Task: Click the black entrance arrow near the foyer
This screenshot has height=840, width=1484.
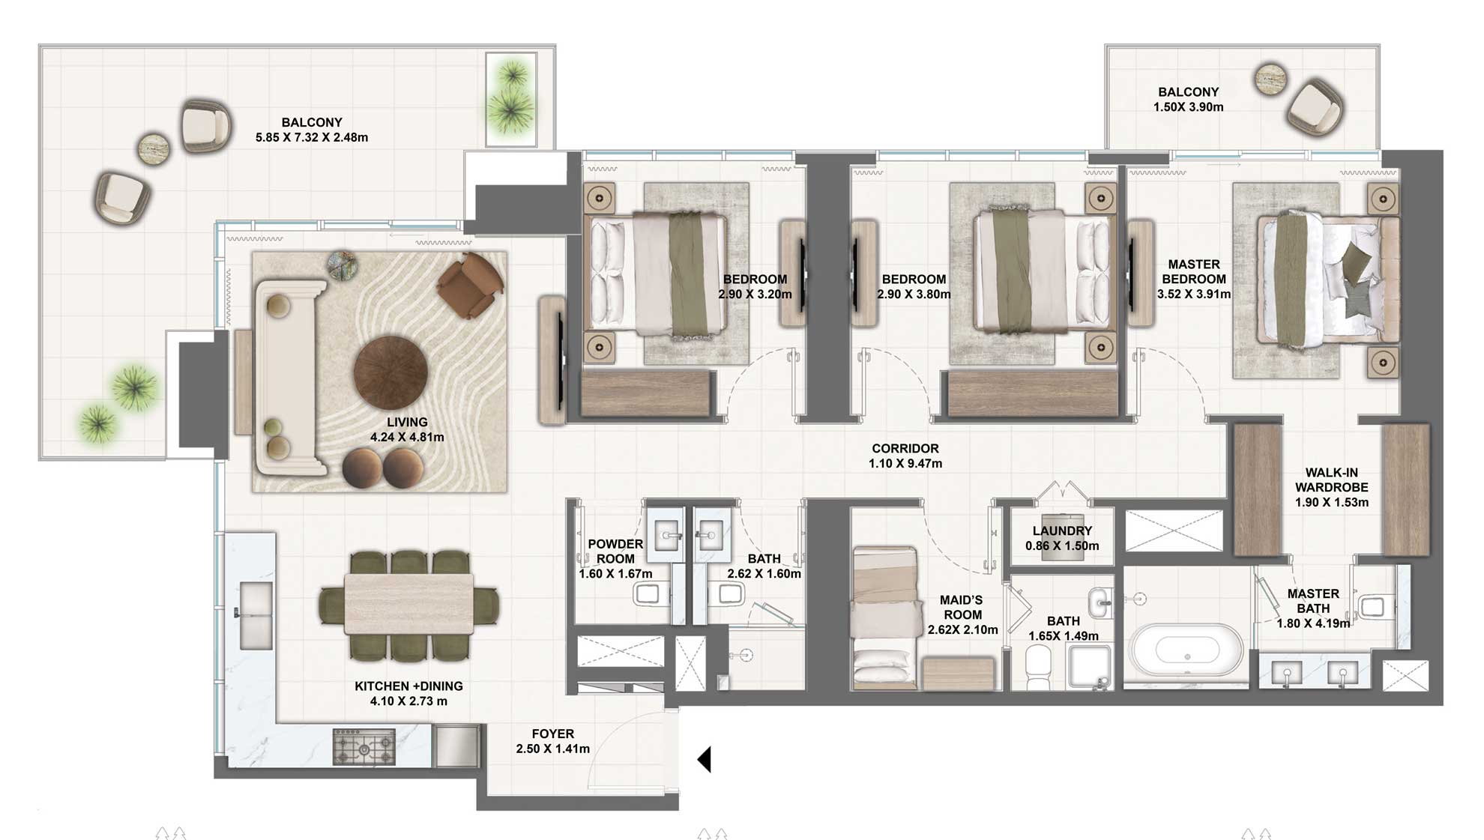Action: [x=704, y=759]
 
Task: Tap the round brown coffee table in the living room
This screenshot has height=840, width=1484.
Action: [x=390, y=372]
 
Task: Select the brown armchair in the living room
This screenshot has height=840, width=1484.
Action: [x=469, y=285]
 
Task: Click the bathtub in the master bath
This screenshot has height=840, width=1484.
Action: [x=1187, y=652]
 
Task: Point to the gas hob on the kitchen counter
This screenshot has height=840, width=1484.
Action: [x=364, y=746]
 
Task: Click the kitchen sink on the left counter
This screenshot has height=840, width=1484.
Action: [x=255, y=614]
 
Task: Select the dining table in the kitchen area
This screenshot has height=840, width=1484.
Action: [x=409, y=604]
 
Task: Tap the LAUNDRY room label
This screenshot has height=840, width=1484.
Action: [x=1061, y=531]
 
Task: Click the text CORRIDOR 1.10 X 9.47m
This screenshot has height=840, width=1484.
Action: [x=905, y=456]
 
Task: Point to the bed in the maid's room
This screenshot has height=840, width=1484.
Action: [x=886, y=616]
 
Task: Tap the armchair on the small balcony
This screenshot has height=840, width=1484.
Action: [x=1314, y=109]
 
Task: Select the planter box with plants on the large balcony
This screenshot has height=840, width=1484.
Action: [x=511, y=99]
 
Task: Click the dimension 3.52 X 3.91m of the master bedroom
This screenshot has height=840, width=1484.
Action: [x=1193, y=294]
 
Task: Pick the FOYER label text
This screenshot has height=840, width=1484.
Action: [x=553, y=734]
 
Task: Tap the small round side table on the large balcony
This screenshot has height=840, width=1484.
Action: [x=154, y=149]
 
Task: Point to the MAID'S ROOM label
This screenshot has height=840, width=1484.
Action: [x=962, y=607]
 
